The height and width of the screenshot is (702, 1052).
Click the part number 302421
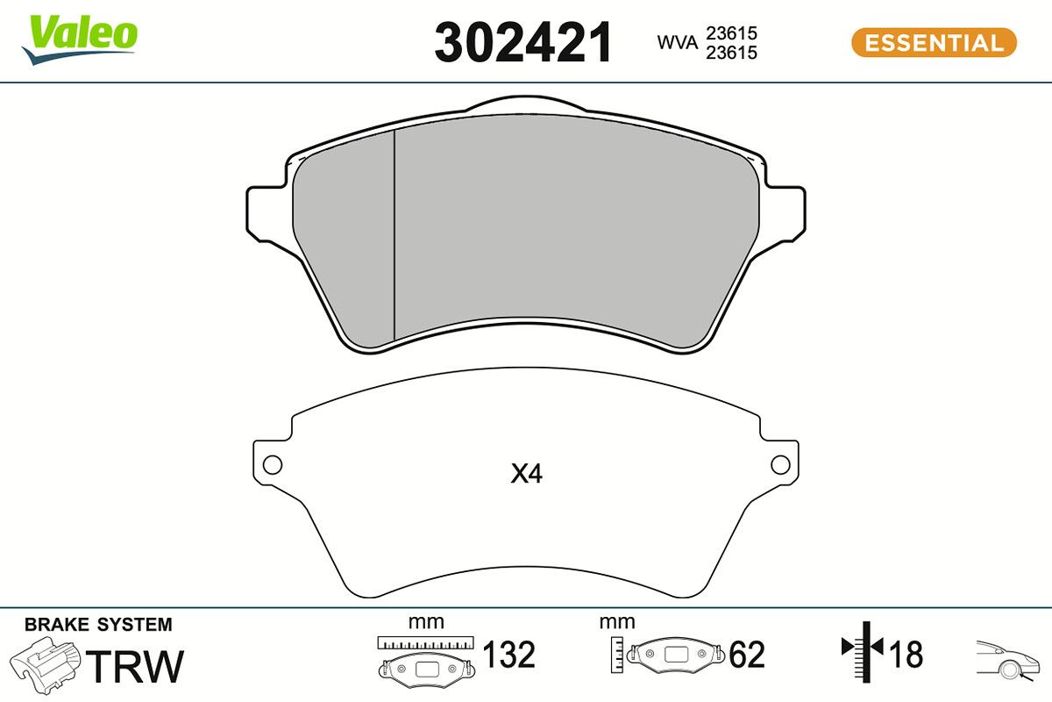[523, 43]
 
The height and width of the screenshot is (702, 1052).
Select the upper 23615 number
[733, 33]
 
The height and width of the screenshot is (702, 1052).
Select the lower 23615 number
[733, 53]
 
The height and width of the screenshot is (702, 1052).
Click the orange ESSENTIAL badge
[934, 42]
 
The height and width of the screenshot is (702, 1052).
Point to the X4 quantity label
[527, 475]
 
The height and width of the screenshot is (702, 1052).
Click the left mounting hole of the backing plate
[273, 465]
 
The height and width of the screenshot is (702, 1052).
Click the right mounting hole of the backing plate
[779, 465]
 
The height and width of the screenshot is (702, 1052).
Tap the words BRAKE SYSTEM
[98, 625]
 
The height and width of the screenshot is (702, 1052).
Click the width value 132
[509, 655]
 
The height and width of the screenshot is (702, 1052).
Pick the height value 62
[747, 655]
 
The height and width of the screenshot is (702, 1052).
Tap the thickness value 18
[906, 654]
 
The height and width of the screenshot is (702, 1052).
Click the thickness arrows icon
[863, 650]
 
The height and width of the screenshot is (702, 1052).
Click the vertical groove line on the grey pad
[394, 237]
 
